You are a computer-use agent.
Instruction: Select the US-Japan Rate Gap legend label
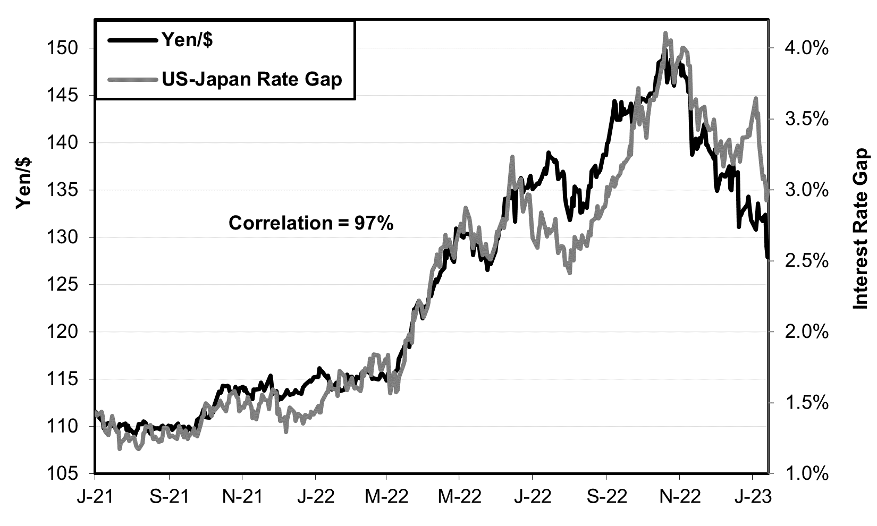coord(252,79)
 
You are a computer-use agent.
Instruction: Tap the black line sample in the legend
coord(131,40)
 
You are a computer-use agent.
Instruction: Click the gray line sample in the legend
coord(131,80)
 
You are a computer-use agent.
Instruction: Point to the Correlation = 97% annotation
coord(311,223)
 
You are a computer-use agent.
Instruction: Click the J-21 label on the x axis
coord(96,497)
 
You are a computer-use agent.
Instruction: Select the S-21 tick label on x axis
coord(169,497)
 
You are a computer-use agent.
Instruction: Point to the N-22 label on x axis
coord(679,497)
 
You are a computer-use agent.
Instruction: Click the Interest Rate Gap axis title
coord(861,229)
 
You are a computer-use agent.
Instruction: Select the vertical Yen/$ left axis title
coord(24,183)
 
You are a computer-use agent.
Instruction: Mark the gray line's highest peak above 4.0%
coord(665,33)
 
